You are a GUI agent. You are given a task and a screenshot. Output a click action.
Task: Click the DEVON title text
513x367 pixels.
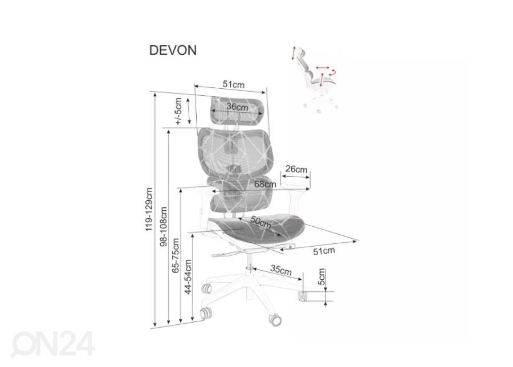tap(173, 50)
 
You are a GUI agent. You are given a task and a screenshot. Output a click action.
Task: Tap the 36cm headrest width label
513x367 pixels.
tap(238, 107)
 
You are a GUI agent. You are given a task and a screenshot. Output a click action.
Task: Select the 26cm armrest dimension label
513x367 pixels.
tap(296, 169)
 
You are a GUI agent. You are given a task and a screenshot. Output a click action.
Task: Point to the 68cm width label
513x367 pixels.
tap(265, 184)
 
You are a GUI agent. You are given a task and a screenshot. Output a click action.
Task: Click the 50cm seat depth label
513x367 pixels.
tap(260, 222)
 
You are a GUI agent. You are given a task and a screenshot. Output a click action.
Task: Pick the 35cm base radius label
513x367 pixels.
tap(281, 270)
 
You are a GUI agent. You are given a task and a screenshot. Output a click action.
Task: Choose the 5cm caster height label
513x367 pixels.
tap(321, 276)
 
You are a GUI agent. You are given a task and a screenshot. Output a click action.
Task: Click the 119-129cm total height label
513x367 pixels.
tap(149, 209)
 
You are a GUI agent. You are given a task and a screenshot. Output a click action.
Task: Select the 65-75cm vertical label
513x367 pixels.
tap(176, 255)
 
